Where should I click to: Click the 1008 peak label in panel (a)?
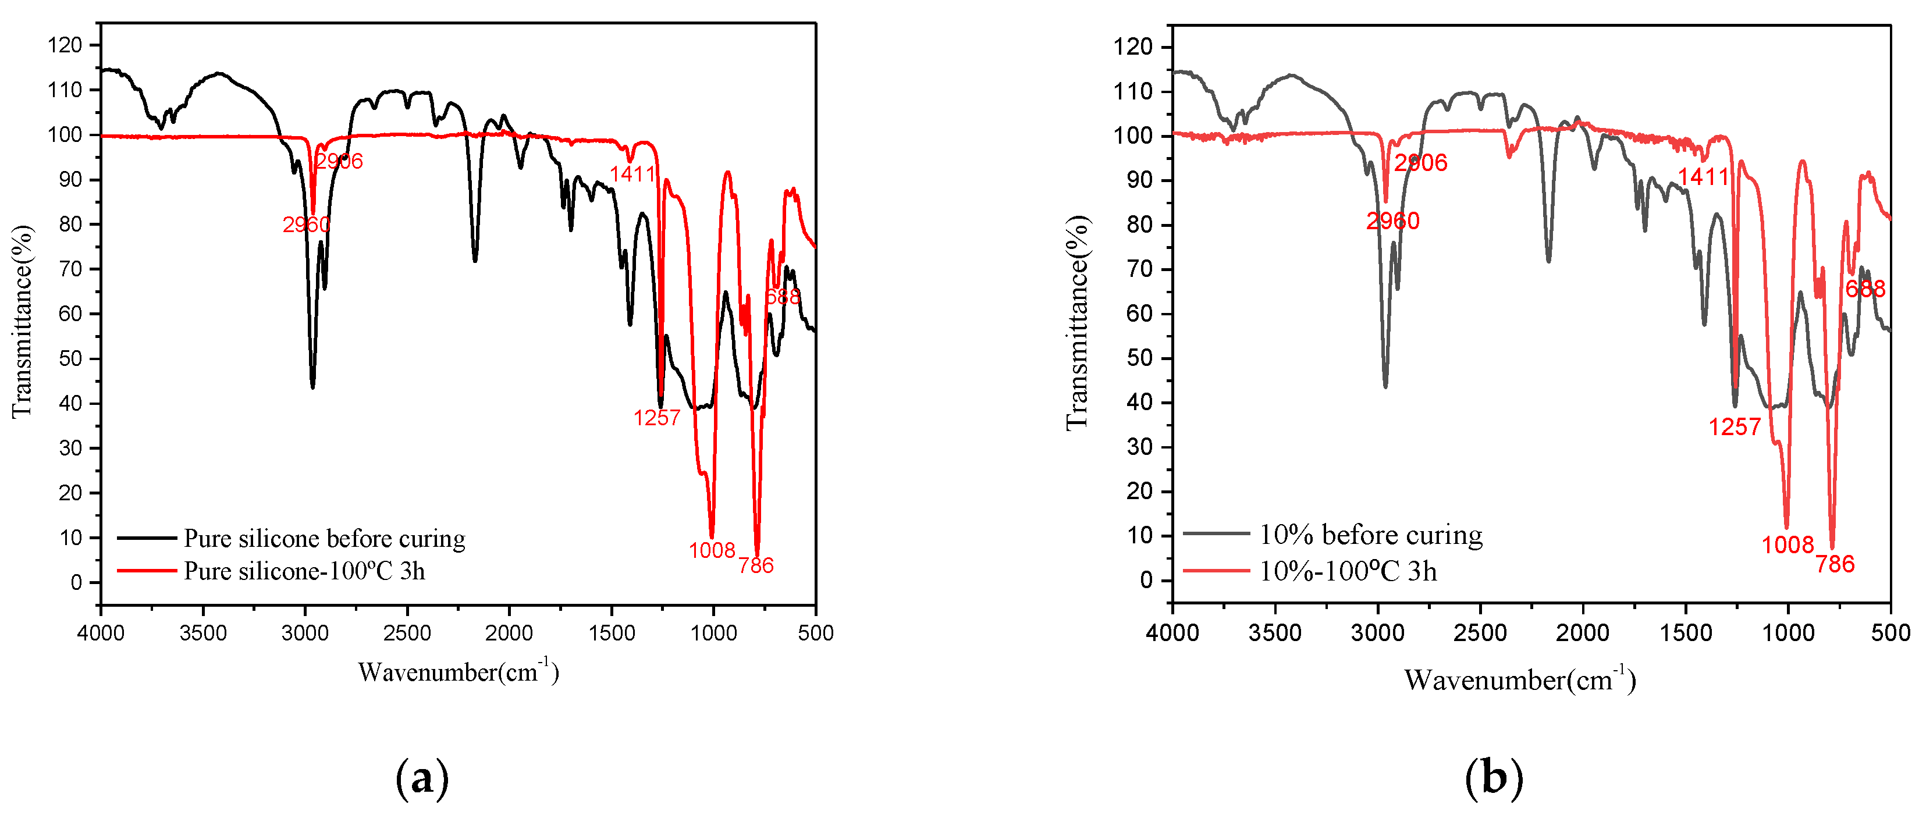[712, 550]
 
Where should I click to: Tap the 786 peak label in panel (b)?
[1835, 564]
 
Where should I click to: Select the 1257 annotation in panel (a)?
[656, 418]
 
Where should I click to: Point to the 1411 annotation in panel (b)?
[1703, 177]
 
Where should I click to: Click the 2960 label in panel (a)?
[305, 224]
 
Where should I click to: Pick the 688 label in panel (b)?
[1865, 289]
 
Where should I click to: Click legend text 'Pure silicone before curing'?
[324, 538]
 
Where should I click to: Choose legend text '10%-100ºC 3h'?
[1347, 571]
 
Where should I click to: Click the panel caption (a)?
[422, 778]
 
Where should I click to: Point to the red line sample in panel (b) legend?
[1216, 571]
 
